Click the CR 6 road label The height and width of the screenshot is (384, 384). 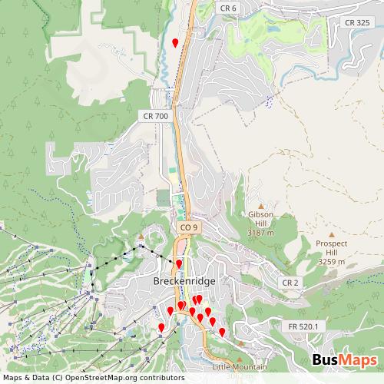click(228, 8)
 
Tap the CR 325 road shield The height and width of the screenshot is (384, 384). click(359, 22)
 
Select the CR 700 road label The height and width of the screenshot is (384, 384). click(155, 116)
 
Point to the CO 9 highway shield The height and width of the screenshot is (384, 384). click(189, 228)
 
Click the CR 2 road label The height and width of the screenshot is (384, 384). click(290, 283)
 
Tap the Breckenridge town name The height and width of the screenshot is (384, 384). click(184, 281)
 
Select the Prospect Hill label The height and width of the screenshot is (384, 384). click(331, 248)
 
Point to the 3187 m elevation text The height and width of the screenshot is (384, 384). click(261, 232)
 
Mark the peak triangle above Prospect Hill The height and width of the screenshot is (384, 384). click(331, 235)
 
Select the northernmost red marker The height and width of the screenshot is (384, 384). click(175, 42)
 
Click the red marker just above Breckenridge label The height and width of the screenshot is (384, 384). click(179, 264)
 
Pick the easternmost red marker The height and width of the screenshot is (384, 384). click(222, 332)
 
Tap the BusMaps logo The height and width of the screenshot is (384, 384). click(345, 360)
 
